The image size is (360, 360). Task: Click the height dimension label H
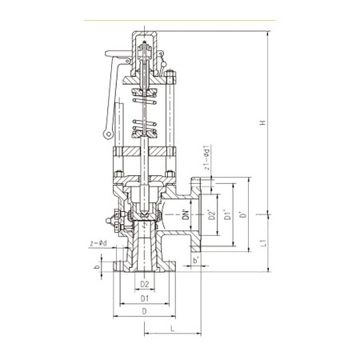click(x=263, y=122)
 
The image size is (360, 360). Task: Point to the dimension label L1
click(x=263, y=243)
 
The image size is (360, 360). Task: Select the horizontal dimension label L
click(x=173, y=329)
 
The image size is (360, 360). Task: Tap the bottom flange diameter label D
click(x=145, y=311)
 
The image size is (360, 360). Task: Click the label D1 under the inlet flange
click(x=145, y=298)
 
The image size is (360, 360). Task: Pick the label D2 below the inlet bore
click(x=145, y=284)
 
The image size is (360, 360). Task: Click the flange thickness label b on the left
click(x=98, y=266)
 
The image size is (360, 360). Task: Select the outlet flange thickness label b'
click(x=196, y=260)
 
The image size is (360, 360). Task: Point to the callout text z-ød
click(x=98, y=243)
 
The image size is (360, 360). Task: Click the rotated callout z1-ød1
click(x=207, y=158)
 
